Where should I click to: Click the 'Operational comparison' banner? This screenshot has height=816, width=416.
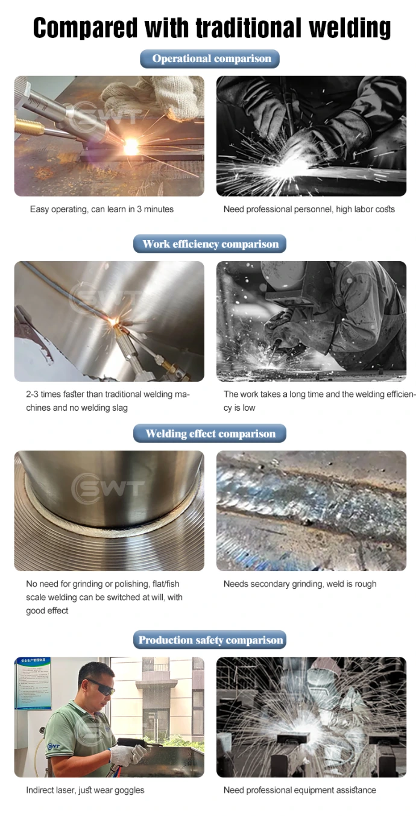[210, 59]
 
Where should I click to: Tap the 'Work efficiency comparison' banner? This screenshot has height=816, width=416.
[210, 244]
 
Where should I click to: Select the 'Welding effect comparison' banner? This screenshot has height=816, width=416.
[210, 434]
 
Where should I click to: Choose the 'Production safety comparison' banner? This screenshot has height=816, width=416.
[210, 640]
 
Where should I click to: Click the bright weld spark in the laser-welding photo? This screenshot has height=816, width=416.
[130, 146]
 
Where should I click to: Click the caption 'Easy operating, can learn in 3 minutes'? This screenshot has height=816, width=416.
[102, 209]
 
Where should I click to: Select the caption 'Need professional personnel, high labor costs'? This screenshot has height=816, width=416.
[309, 209]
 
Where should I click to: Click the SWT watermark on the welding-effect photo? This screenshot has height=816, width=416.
[108, 488]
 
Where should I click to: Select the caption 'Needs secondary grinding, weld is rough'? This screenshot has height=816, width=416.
[300, 584]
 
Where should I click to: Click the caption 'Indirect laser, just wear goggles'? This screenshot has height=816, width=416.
[85, 790]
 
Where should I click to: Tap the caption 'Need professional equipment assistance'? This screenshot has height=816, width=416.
[300, 790]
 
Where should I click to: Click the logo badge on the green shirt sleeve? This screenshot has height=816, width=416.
[54, 746]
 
